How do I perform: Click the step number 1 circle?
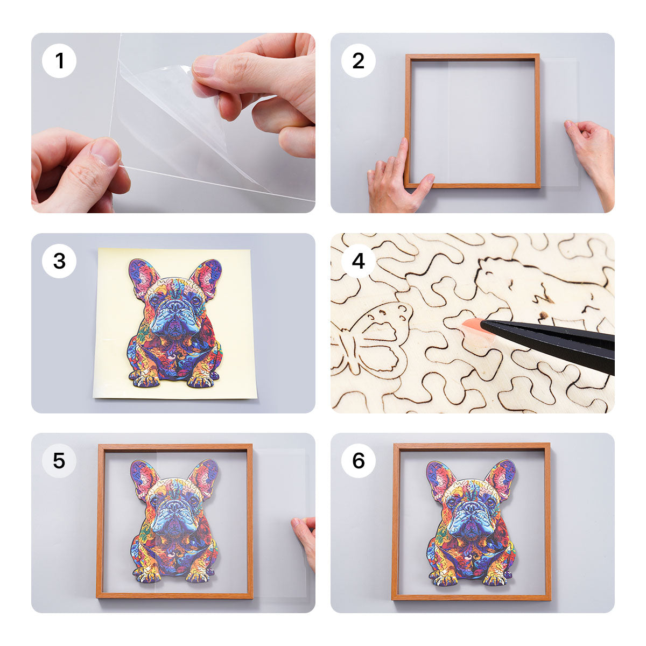(59, 61)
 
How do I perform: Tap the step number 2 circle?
(359, 61)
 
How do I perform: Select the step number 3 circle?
(59, 261)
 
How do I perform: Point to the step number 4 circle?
(359, 261)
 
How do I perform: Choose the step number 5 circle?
(59, 461)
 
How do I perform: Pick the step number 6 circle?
(359, 461)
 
